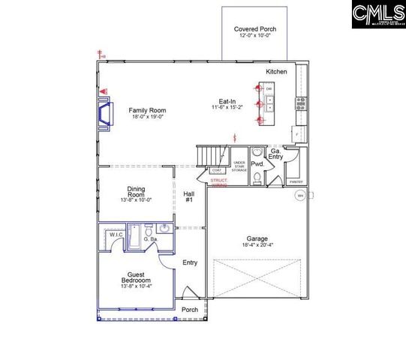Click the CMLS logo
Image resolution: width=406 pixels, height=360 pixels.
tap(378, 15)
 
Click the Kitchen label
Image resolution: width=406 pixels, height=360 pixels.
tap(276, 71)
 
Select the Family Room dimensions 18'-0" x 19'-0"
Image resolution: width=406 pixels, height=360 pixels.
tap(146, 116)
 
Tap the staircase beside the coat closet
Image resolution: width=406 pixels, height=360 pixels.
tap(212, 155)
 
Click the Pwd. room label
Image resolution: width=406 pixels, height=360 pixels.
tap(257, 163)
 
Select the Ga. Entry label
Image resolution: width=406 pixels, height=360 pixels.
tap(276, 154)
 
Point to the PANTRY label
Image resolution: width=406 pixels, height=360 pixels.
tap(296, 181)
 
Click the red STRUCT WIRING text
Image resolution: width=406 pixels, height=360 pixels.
tap(218, 182)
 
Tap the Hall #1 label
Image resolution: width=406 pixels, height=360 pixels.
tap(189, 197)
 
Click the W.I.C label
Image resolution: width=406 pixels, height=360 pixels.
tap(116, 234)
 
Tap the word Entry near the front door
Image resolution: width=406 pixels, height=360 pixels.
tap(190, 262)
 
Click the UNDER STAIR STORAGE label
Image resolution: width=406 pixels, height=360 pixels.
tap(239, 166)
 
